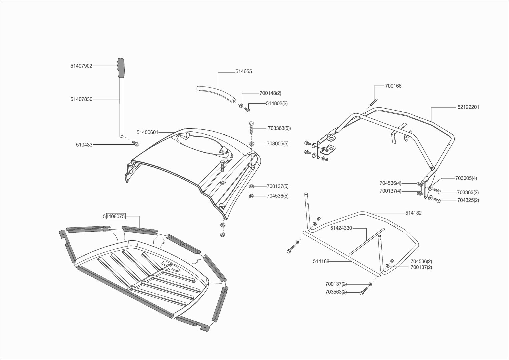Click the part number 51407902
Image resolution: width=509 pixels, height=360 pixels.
[81, 66]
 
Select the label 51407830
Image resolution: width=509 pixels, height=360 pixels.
[81, 99]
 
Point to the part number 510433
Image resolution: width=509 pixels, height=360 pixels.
[84, 145]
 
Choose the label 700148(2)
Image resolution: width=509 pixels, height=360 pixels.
[270, 93]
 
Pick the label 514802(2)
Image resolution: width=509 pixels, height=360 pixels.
[277, 103]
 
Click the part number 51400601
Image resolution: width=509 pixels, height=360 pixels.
[147, 132]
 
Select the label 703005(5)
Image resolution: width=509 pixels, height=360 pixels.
[278, 144]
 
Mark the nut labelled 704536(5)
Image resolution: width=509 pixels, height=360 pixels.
[251, 196]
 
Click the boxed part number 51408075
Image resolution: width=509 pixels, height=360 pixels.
[114, 216]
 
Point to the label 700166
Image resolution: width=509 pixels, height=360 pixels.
[393, 86]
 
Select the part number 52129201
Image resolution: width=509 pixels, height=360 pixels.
[468, 107]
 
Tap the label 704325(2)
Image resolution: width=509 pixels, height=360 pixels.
[468, 200]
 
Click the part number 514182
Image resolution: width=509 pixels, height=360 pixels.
[413, 213]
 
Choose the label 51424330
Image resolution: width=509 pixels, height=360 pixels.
[341, 228]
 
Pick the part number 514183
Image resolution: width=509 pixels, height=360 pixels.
[321, 262]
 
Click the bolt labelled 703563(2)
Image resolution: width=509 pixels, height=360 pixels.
[362, 293]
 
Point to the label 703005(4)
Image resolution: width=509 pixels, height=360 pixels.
[466, 178]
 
